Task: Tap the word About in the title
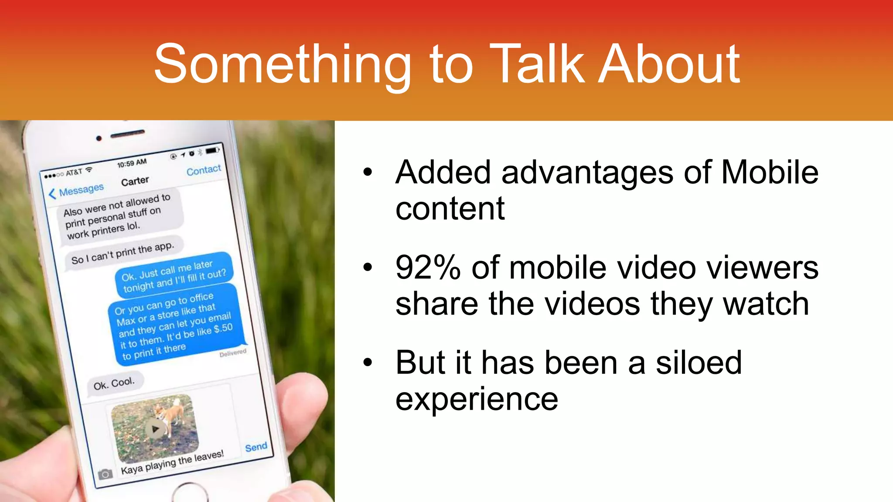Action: [x=669, y=64]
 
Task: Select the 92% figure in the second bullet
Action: [x=428, y=268]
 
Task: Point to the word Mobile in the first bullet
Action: [x=770, y=173]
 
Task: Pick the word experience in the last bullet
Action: [x=477, y=399]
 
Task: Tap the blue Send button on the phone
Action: [x=256, y=447]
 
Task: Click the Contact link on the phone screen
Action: [x=204, y=170]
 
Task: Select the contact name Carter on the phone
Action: [x=135, y=181]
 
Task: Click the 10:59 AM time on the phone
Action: [x=132, y=163]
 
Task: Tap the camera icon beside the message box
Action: [x=105, y=475]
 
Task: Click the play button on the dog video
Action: [x=154, y=429]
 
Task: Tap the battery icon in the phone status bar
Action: [x=212, y=150]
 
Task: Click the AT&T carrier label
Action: [x=74, y=173]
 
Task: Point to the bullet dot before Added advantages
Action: [x=368, y=172]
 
